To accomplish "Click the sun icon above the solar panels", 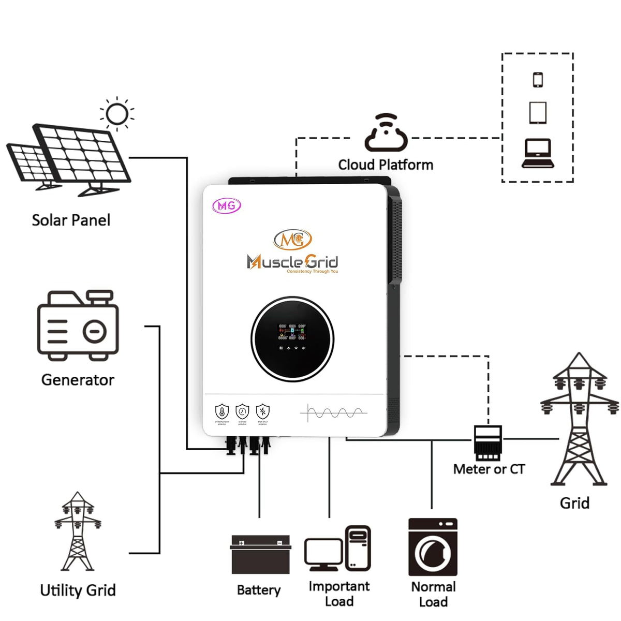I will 117,114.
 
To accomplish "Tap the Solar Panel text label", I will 71,220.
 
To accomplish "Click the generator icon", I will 78,326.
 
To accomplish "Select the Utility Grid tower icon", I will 78,532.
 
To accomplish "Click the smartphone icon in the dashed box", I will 538,80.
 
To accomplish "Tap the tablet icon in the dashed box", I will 538,112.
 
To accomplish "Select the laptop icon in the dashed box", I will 538,154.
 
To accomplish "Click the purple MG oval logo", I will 227,205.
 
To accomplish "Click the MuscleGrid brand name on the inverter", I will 292,262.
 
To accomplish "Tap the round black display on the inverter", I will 292,339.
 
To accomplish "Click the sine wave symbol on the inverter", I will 334,413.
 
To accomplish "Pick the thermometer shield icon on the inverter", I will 222,412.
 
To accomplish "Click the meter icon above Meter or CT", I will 487,443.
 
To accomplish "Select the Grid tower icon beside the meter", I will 579,419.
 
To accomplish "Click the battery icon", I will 260,554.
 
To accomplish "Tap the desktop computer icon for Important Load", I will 338,549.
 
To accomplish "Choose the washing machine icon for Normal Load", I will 433,547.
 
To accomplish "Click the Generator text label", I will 78,380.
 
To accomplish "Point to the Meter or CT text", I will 489,469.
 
